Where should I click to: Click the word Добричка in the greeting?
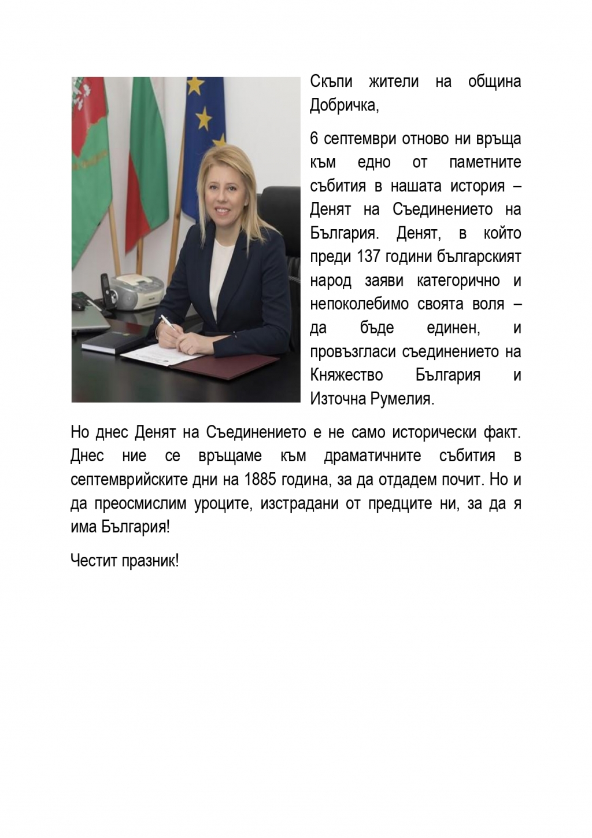tap(336, 105)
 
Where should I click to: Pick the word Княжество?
tap(346, 375)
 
